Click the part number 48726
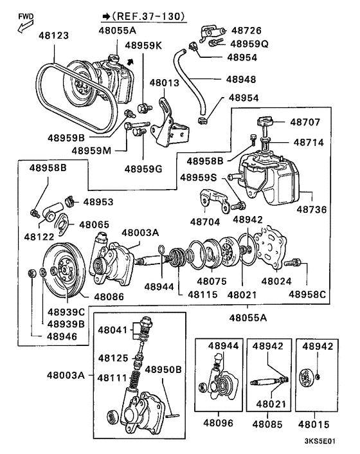[246, 30]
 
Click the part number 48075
[213, 281]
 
